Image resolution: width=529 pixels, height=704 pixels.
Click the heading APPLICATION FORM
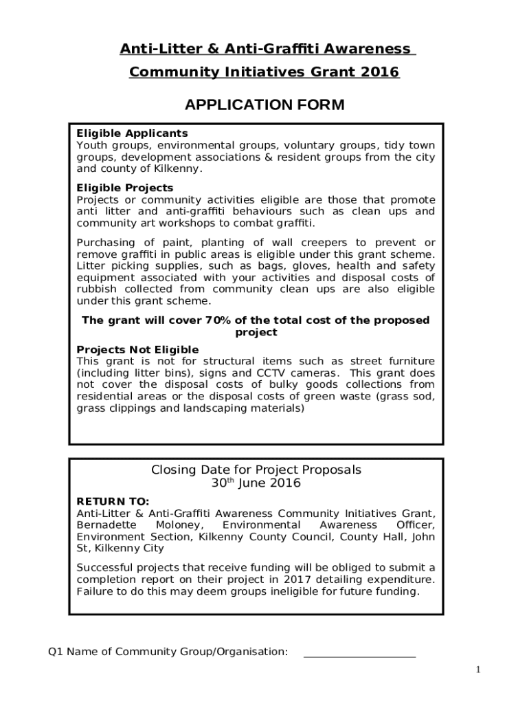coord(264,105)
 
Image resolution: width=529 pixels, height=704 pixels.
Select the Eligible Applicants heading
coord(132,133)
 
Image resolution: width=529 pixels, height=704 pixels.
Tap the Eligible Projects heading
coord(125,188)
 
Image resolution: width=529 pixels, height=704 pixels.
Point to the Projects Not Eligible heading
coord(138,350)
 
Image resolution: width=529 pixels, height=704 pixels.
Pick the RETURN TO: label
coord(113,502)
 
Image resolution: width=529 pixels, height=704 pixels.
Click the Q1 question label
coord(54,651)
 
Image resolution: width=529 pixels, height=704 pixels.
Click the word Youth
coord(91,146)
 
